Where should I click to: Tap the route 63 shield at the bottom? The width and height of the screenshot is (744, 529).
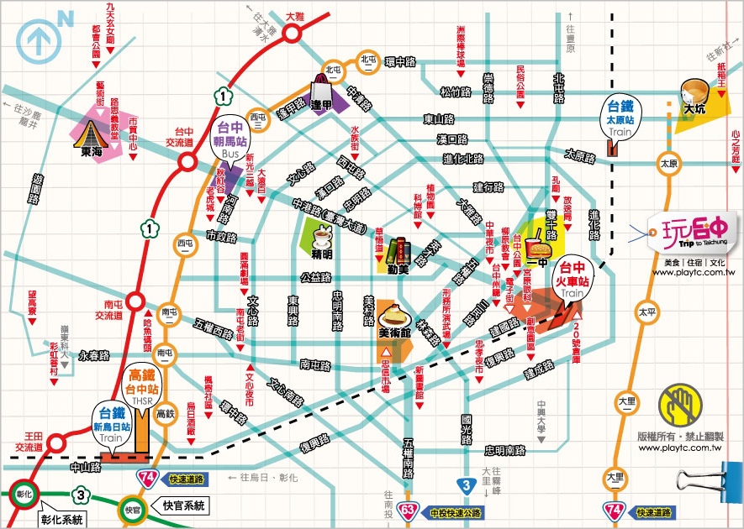point(409,509)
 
